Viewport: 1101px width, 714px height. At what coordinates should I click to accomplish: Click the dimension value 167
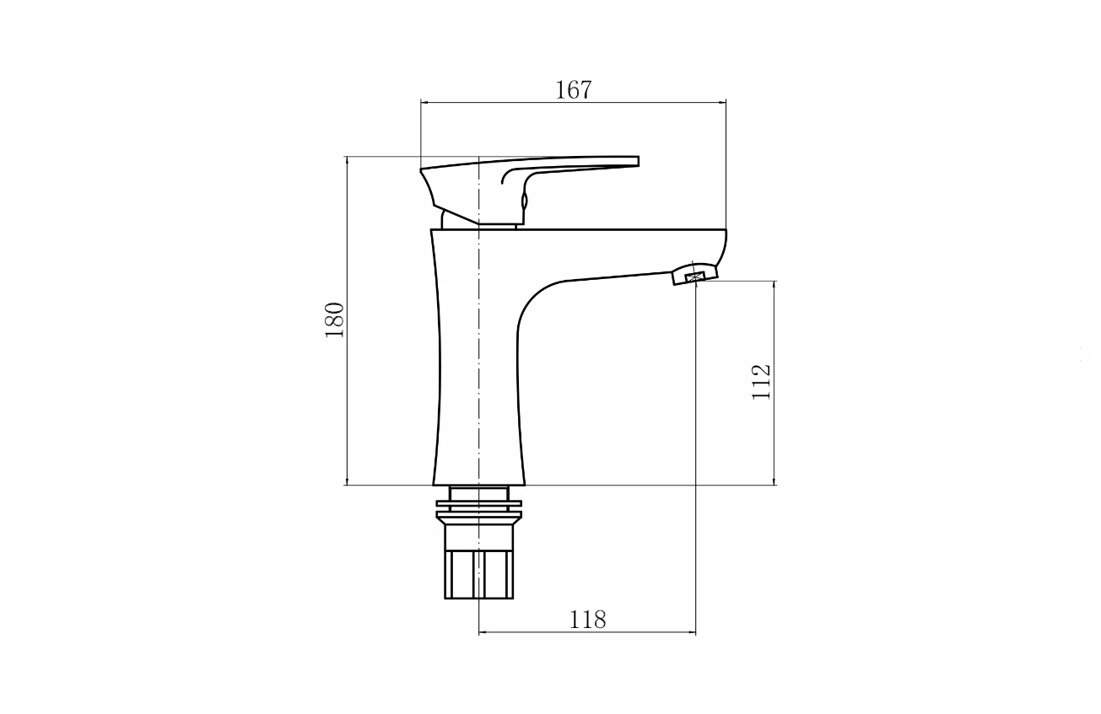click(x=574, y=90)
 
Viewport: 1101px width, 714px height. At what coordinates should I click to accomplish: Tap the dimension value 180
click(x=335, y=319)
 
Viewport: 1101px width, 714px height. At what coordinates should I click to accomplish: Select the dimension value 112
click(x=761, y=382)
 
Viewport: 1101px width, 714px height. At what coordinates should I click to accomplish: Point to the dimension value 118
click(x=587, y=620)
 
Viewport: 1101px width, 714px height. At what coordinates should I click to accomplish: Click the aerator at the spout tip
click(x=694, y=275)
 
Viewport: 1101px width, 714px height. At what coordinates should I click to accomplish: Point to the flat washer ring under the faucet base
click(x=478, y=503)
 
